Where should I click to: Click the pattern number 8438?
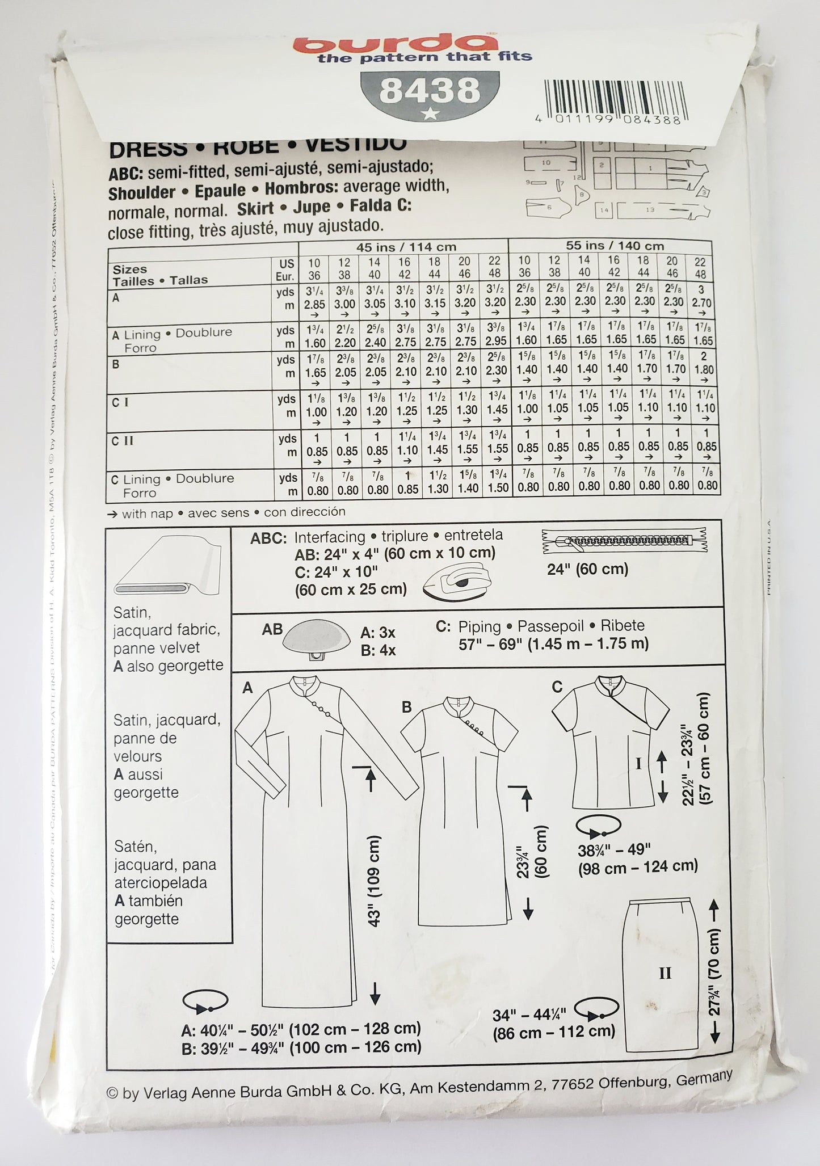coord(430,91)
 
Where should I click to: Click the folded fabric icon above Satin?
coord(165,567)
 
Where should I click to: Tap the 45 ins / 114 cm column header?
coord(406,247)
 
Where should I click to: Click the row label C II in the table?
coord(123,440)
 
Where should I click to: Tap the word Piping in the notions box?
coord(480,626)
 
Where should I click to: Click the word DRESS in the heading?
coord(148,149)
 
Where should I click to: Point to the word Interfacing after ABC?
coord(330,537)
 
